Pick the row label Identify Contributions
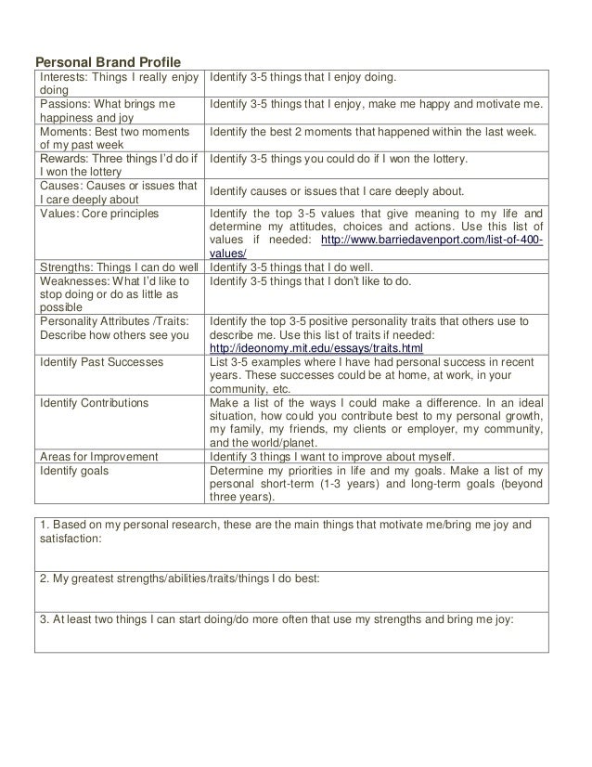pyautogui.click(x=94, y=403)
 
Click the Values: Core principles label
pyautogui.click(x=99, y=214)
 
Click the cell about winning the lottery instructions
pyautogui.click(x=339, y=160)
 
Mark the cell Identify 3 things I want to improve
pyautogui.click(x=332, y=456)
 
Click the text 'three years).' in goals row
pyautogui.click(x=242, y=496)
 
